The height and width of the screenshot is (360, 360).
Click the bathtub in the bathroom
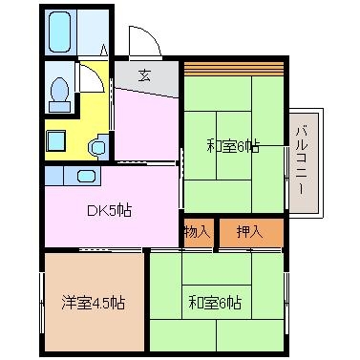(60, 32)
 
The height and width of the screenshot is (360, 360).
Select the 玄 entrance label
(144, 75)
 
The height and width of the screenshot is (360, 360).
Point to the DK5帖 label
(109, 210)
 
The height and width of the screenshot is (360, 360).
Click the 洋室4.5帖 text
(93, 303)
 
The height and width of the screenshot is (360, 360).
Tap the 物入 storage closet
(199, 233)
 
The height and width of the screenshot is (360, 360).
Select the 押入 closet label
(250, 232)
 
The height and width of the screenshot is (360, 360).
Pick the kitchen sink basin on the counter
(86, 176)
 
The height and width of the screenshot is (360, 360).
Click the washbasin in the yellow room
(98, 147)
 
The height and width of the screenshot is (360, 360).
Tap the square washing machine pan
(56, 140)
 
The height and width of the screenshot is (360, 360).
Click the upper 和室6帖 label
(233, 146)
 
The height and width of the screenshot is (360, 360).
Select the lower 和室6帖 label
(215, 303)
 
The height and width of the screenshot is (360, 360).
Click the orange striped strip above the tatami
(234, 69)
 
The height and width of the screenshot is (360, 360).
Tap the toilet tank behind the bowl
(60, 107)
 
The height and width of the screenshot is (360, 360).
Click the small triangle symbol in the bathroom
(104, 51)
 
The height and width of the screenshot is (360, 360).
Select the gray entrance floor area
(146, 78)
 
